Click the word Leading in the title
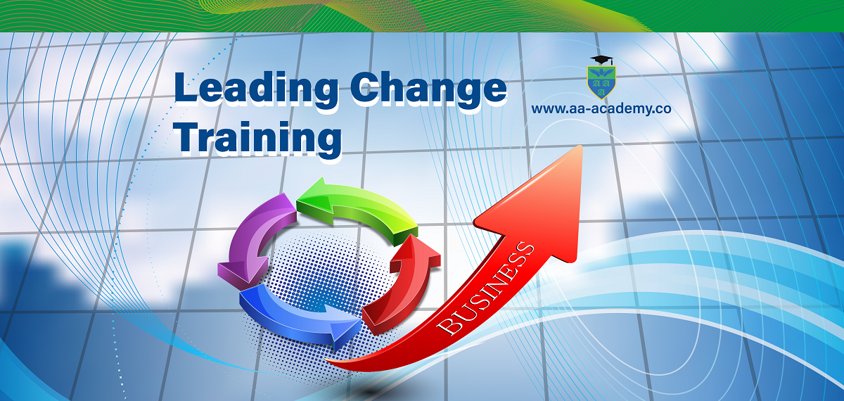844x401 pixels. point(256,89)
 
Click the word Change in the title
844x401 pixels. point(429,89)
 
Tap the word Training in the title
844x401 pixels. point(260,138)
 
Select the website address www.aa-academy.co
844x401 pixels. point(601,109)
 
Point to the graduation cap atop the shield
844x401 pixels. point(602,60)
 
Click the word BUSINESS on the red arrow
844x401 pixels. point(486,289)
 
